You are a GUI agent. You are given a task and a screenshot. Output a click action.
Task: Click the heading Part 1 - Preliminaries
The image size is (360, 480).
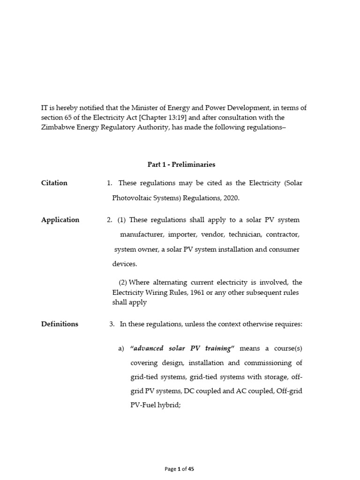181,165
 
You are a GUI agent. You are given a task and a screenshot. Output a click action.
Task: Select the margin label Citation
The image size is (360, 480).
54,183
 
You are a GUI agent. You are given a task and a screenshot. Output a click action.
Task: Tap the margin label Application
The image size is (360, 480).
60,220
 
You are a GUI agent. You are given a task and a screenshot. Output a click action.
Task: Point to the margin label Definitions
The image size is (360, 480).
60,324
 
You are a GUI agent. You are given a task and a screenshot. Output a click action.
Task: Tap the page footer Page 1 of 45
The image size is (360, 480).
180,468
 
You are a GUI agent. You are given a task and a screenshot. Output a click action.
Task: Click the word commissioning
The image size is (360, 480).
272,363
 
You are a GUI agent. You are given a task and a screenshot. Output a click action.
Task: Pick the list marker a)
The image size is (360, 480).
120,348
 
